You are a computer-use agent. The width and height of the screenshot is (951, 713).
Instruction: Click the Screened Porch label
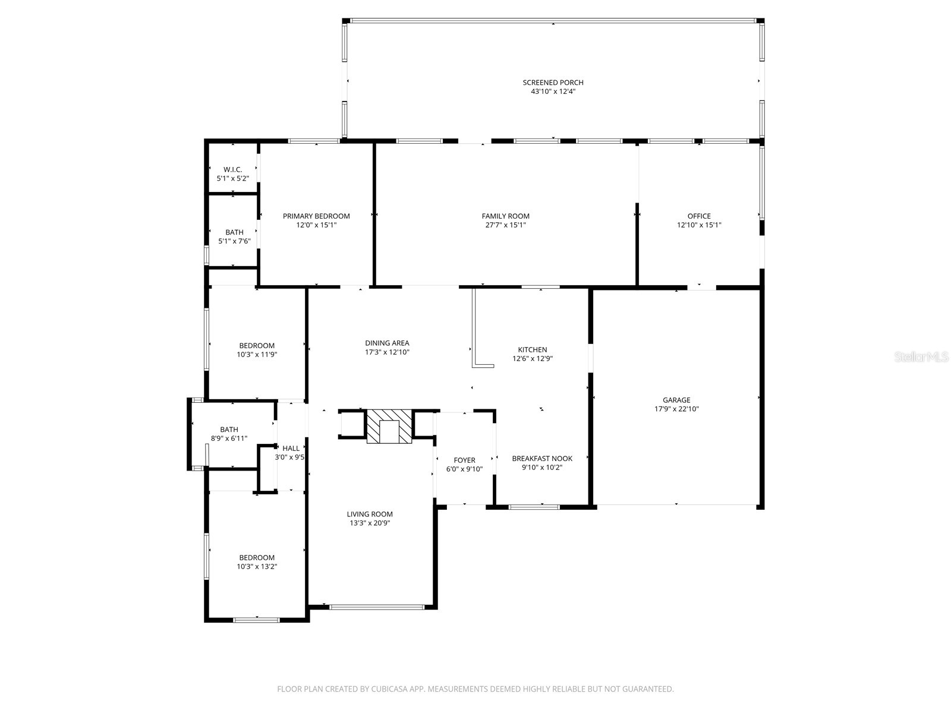553,83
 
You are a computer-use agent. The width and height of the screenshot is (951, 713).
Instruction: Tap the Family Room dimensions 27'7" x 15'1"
505,225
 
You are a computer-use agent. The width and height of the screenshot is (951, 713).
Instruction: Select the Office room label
699,216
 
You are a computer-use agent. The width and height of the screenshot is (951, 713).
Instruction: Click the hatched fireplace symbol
389,427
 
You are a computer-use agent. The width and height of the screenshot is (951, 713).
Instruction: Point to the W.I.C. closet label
232,169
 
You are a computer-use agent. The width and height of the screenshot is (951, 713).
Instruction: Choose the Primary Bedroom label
316,216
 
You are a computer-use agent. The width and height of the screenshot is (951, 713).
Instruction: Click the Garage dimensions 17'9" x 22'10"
676,409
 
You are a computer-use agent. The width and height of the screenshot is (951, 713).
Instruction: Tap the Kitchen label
532,350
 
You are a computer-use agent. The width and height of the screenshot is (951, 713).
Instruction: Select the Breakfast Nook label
542,458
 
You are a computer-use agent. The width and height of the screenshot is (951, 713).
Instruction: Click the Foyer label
464,460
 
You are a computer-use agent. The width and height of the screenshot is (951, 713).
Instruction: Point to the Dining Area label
387,343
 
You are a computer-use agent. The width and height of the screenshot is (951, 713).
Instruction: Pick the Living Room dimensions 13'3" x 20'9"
370,523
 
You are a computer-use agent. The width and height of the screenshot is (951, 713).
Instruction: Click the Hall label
291,449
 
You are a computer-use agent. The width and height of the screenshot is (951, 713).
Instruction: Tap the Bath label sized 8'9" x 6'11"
229,430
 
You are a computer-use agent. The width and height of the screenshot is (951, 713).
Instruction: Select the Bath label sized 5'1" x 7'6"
234,232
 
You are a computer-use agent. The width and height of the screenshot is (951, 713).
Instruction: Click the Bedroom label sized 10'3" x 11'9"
257,346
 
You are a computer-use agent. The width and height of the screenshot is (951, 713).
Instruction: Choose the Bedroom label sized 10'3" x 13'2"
257,557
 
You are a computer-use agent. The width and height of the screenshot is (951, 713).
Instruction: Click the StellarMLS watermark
922,357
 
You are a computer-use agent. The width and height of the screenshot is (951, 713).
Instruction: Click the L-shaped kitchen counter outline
474,333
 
